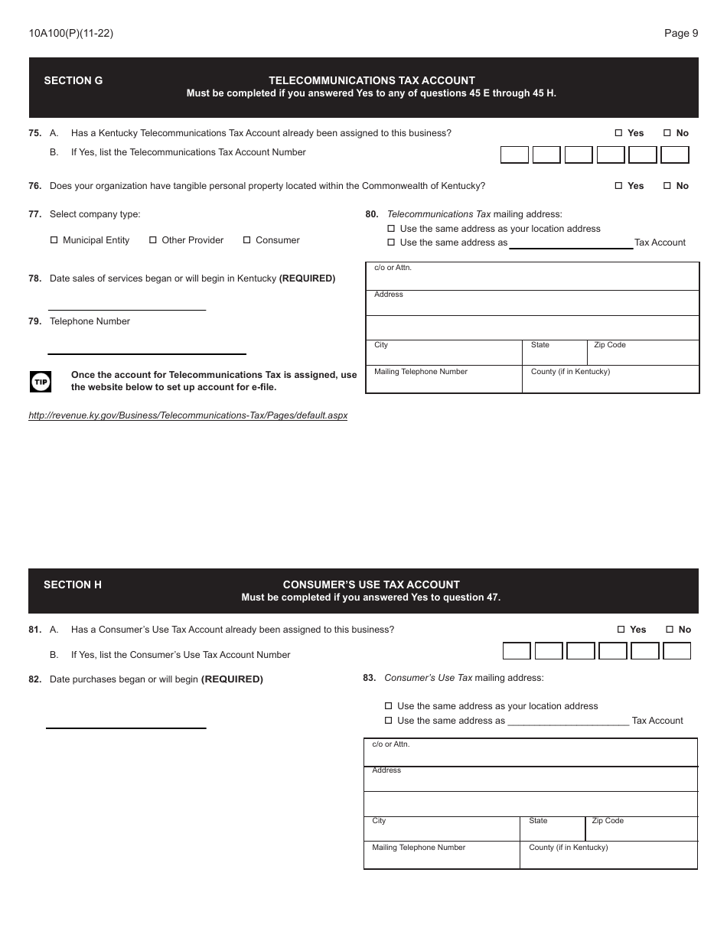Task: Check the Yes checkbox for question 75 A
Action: tap(618, 133)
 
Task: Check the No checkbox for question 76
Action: tap(667, 186)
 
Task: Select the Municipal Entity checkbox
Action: tap(54, 240)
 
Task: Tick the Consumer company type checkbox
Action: tap(247, 240)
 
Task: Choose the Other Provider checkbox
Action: tap(153, 240)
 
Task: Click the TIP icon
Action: tap(41, 381)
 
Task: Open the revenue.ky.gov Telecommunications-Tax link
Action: tap(187, 415)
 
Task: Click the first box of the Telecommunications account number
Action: tap(514, 155)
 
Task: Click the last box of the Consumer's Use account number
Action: tap(676, 651)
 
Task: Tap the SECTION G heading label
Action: tap(73, 80)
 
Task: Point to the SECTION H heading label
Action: tap(73, 584)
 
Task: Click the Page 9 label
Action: tap(681, 33)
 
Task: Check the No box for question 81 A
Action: tap(670, 630)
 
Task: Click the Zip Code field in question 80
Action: tap(643, 356)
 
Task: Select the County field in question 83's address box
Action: tap(608, 858)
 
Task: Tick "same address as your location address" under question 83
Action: tap(388, 706)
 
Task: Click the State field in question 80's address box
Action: tap(554, 356)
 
